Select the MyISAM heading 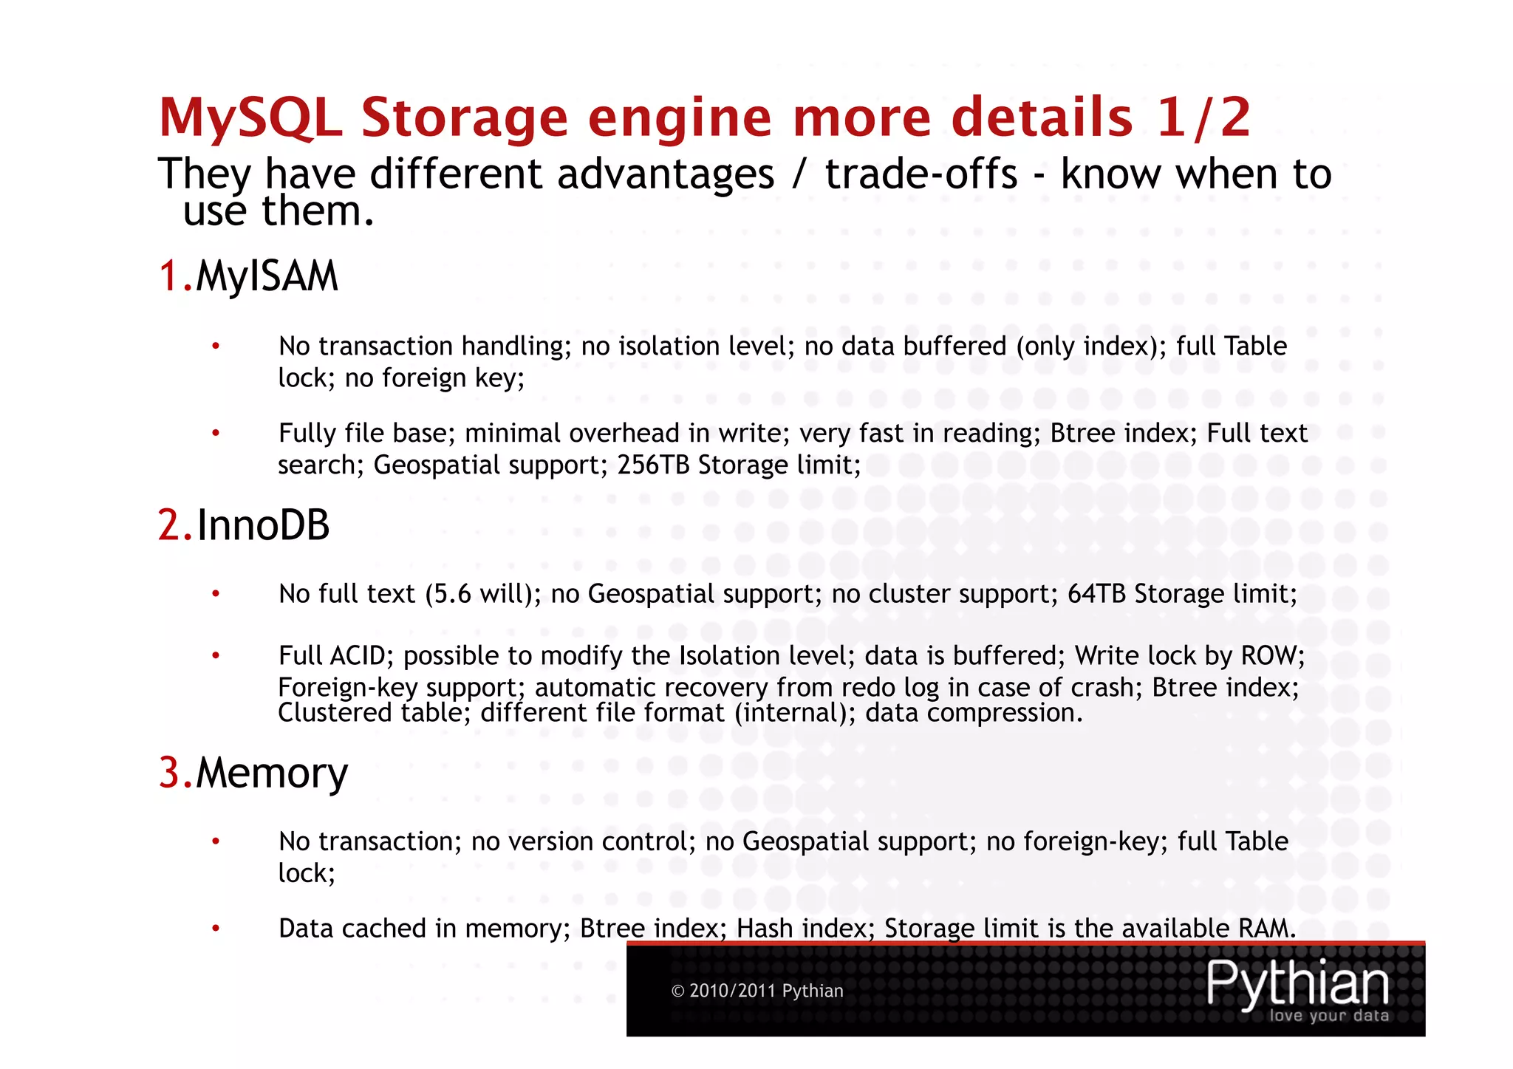pos(267,276)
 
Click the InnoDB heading pos(263,525)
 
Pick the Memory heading pos(272,773)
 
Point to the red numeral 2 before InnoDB pos(169,525)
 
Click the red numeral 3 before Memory pos(169,773)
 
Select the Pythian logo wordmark pos(1298,983)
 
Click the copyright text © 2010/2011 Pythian pos(757,991)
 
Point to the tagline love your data pos(1329,1016)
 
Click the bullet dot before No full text pos(216,594)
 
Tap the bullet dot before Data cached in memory pos(216,929)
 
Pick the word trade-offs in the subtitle pos(921,174)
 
